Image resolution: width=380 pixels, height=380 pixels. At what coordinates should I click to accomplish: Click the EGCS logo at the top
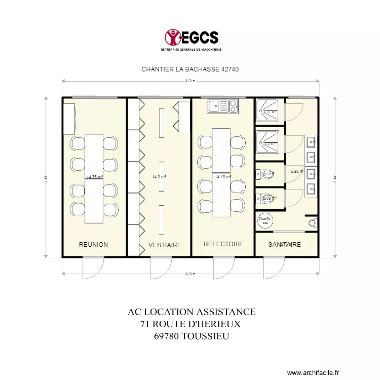tap(192, 39)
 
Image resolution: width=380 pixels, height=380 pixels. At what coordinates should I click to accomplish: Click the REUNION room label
tap(93, 245)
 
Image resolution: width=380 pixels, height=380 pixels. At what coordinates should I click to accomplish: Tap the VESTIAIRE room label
tap(165, 245)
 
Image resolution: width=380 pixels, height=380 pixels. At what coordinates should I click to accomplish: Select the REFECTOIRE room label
tap(223, 244)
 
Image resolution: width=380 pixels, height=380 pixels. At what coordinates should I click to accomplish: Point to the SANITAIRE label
tap(285, 245)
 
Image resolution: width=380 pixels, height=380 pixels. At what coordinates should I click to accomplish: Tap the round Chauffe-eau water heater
tap(265, 220)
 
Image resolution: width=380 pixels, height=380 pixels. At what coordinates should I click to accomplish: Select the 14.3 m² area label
tap(159, 177)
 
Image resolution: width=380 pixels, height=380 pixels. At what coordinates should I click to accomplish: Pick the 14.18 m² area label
tap(222, 177)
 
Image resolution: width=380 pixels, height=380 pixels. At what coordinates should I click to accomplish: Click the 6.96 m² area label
tap(297, 171)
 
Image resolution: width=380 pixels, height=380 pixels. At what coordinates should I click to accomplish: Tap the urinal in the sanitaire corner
tap(312, 222)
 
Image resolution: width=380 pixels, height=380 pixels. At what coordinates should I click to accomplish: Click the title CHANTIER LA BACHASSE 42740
tap(190, 69)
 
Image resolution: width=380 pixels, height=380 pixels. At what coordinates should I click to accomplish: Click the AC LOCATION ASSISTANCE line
tap(192, 312)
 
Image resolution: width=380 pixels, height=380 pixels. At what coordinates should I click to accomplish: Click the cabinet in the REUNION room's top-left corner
tap(69, 118)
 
